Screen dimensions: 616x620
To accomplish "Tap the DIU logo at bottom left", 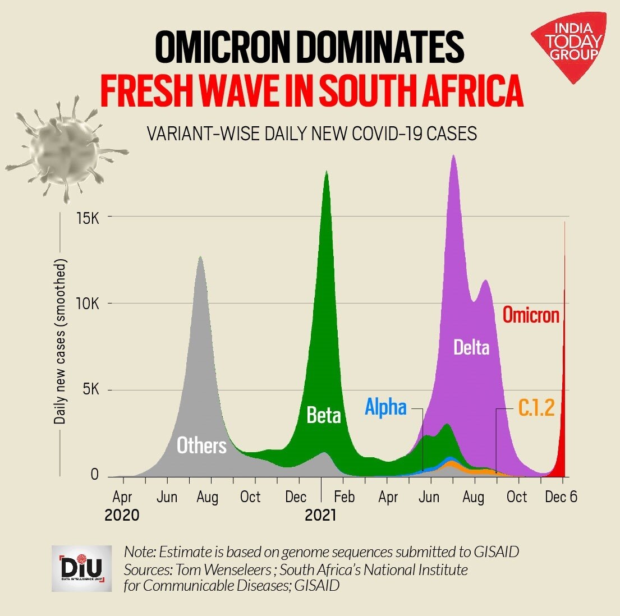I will coord(81,568).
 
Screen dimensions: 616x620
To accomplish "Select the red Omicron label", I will coord(530,315).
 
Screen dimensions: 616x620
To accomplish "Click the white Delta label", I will coord(471,348).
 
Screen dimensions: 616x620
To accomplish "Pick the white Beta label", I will coord(324,415).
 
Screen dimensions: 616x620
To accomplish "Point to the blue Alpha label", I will coord(385,407).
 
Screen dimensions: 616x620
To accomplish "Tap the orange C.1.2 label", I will coord(536,408).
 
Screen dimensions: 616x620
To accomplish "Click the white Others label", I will coord(201,445).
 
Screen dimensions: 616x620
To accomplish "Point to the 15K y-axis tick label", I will coord(88,217).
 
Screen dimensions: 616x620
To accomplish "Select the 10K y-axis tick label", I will coord(88,304).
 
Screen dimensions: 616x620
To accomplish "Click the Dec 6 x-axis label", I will coord(561,497).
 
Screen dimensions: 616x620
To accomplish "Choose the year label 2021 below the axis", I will coord(320,515).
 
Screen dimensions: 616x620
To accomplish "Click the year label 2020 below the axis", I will coord(122,515).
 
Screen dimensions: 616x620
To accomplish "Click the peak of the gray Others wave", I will coord(200,256).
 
